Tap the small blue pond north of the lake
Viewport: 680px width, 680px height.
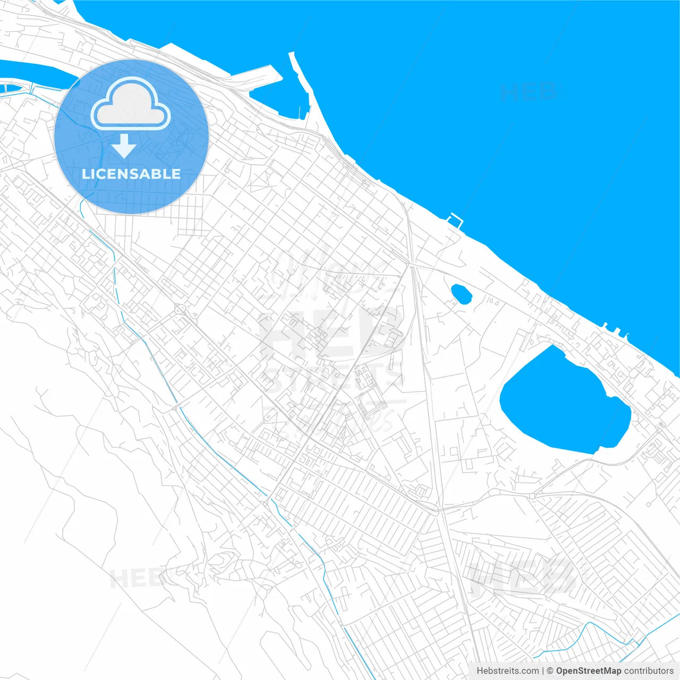[461, 294]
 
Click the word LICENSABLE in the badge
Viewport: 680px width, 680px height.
[131, 174]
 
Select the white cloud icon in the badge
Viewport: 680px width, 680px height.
[130, 105]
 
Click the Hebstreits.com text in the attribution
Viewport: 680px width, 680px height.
[508, 671]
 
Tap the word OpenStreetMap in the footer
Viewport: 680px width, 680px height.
[589, 671]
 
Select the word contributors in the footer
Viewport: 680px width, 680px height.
[649, 671]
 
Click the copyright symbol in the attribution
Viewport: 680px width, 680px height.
[550, 671]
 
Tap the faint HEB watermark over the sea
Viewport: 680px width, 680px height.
[529, 92]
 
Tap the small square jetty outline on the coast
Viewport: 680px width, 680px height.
[455, 220]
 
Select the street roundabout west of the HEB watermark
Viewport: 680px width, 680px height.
[179, 309]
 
